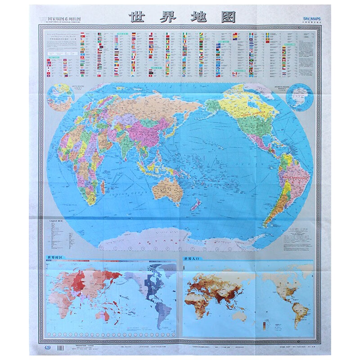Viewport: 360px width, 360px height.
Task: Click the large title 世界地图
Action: pyautogui.click(x=182, y=17)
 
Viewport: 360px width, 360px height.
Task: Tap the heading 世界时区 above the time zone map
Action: pyautogui.click(x=55, y=257)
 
